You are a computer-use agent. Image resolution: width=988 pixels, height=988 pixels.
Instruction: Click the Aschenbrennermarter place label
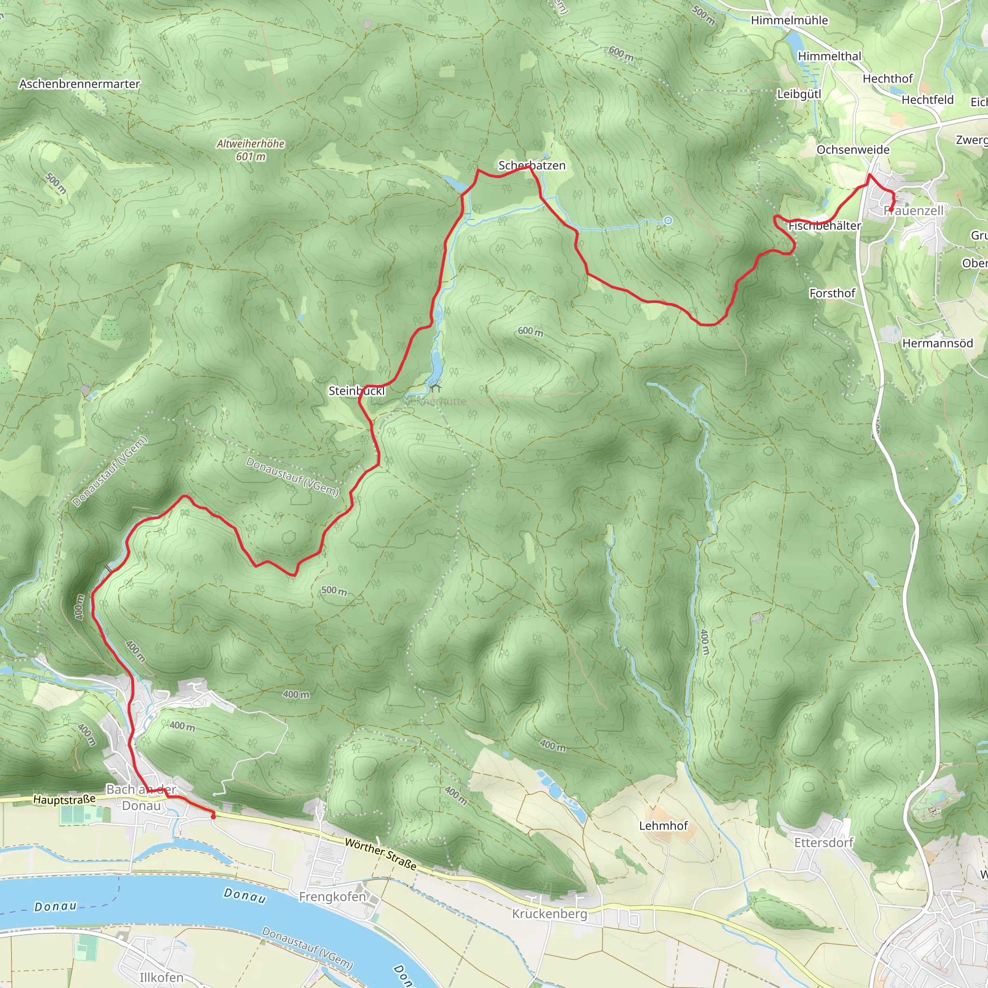tap(79, 84)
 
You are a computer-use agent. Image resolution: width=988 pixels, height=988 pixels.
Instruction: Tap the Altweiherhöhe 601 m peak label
tap(250, 150)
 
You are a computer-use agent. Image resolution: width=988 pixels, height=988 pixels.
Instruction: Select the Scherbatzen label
tap(532, 165)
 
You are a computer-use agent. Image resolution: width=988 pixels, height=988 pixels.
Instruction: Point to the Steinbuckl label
tap(357, 391)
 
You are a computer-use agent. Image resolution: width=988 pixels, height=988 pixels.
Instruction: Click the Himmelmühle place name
tap(789, 20)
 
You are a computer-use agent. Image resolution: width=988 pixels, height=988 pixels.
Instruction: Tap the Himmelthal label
tap(829, 56)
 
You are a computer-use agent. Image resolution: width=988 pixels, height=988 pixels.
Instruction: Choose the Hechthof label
tap(887, 79)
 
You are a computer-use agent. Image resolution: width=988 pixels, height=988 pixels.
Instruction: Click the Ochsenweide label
tap(853, 150)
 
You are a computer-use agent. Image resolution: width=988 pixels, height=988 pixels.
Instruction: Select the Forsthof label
tap(832, 293)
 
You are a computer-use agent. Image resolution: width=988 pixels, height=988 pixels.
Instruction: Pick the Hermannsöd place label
tap(937, 343)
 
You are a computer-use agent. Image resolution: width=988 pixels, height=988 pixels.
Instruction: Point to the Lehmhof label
tap(663, 825)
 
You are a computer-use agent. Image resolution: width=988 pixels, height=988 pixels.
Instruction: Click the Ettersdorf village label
tap(823, 842)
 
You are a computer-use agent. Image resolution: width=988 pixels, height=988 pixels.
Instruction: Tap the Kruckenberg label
tap(550, 913)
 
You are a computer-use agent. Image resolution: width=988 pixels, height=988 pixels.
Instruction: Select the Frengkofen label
tap(332, 896)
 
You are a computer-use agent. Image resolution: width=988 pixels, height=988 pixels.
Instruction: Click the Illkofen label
tap(161, 977)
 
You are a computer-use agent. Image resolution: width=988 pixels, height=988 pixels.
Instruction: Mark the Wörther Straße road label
tap(381, 854)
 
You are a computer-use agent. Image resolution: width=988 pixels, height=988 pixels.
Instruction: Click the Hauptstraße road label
tap(65, 799)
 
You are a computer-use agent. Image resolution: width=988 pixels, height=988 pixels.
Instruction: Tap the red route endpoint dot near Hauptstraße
tap(213, 817)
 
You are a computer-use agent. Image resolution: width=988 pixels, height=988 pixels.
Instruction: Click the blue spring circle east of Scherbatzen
tap(668, 220)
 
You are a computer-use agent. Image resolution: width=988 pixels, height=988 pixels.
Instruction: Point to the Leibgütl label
tap(799, 94)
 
